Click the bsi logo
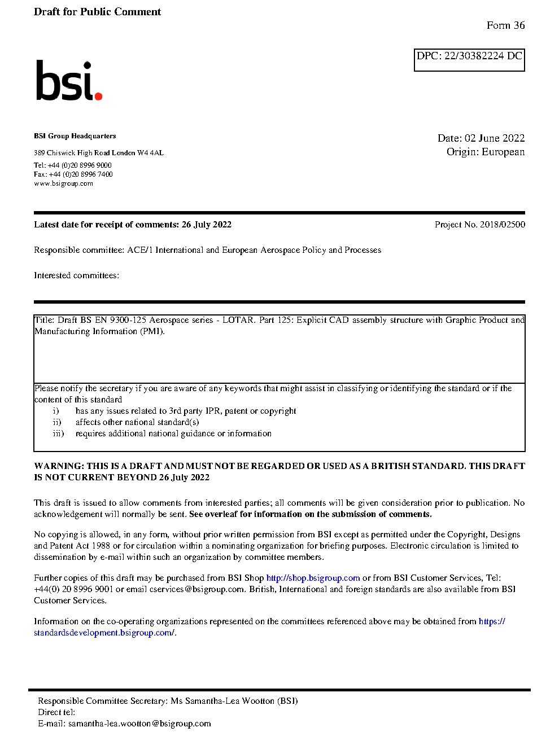(x=68, y=81)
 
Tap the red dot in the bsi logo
(x=98, y=96)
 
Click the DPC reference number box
(x=469, y=59)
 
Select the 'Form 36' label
(x=505, y=25)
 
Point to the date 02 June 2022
(x=495, y=138)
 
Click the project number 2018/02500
(x=502, y=225)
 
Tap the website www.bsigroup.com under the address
(x=63, y=183)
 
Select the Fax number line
(x=73, y=174)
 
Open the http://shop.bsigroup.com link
(x=313, y=578)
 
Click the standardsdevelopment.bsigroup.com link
(x=104, y=633)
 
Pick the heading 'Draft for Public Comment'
(x=97, y=12)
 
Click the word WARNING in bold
(x=59, y=466)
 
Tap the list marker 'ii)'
(x=57, y=422)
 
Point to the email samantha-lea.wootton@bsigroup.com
(x=139, y=724)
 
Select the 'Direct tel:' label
(x=56, y=712)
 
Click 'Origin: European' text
(x=485, y=152)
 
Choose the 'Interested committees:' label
(x=76, y=275)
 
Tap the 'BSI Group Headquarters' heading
(x=75, y=136)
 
